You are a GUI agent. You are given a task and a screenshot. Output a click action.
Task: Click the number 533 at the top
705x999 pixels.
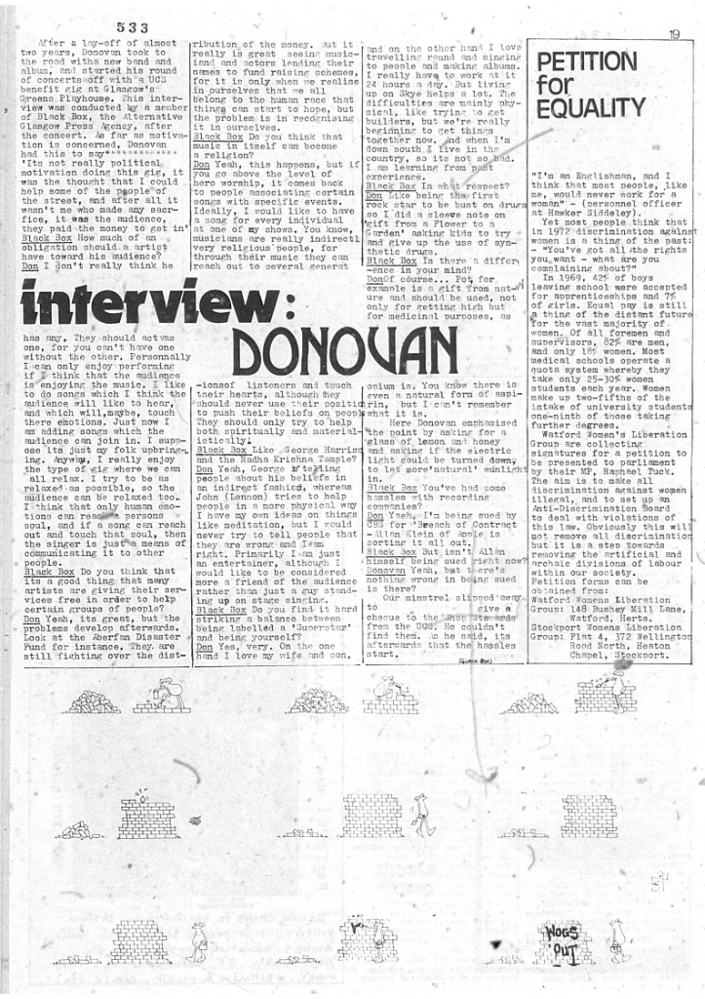point(131,26)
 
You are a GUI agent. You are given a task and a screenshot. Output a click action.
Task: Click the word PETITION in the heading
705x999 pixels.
point(586,62)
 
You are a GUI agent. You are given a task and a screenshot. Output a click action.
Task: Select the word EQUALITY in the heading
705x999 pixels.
point(590,107)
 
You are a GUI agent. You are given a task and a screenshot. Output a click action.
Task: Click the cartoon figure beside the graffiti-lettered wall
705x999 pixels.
point(618,941)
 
